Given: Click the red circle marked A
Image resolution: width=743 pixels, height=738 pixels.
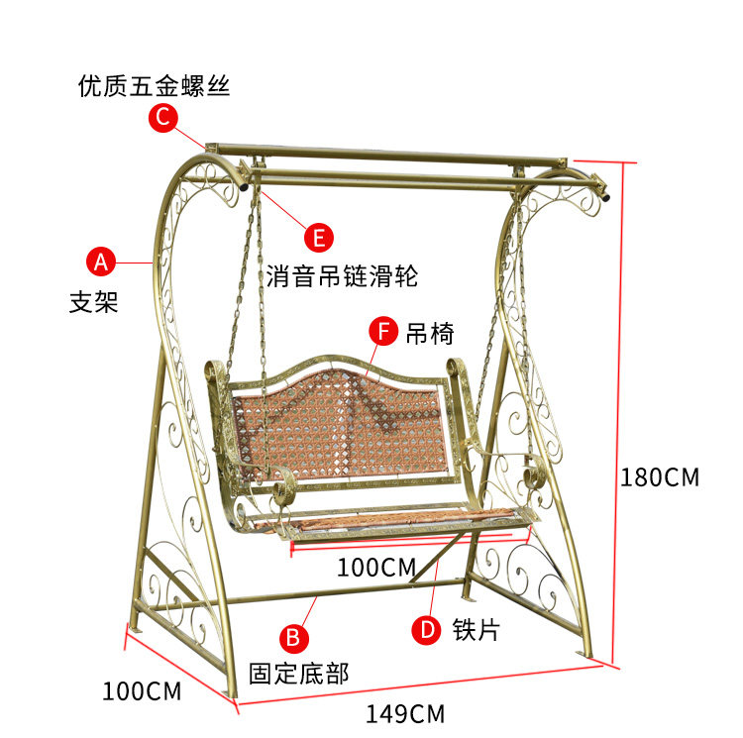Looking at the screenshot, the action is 101,262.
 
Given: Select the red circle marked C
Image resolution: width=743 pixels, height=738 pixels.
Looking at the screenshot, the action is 163,118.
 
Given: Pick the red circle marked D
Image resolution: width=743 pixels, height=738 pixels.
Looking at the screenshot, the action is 426,628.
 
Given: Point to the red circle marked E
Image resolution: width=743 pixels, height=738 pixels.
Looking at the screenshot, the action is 318,238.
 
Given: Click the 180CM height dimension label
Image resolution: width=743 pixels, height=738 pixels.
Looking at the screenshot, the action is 660,477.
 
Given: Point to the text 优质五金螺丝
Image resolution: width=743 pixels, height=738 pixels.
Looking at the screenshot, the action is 154,86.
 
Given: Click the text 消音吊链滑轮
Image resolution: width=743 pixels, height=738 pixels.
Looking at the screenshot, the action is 342,276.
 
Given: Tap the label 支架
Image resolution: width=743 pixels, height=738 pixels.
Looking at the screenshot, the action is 94,302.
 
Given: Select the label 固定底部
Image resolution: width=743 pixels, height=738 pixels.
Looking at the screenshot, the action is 298,675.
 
